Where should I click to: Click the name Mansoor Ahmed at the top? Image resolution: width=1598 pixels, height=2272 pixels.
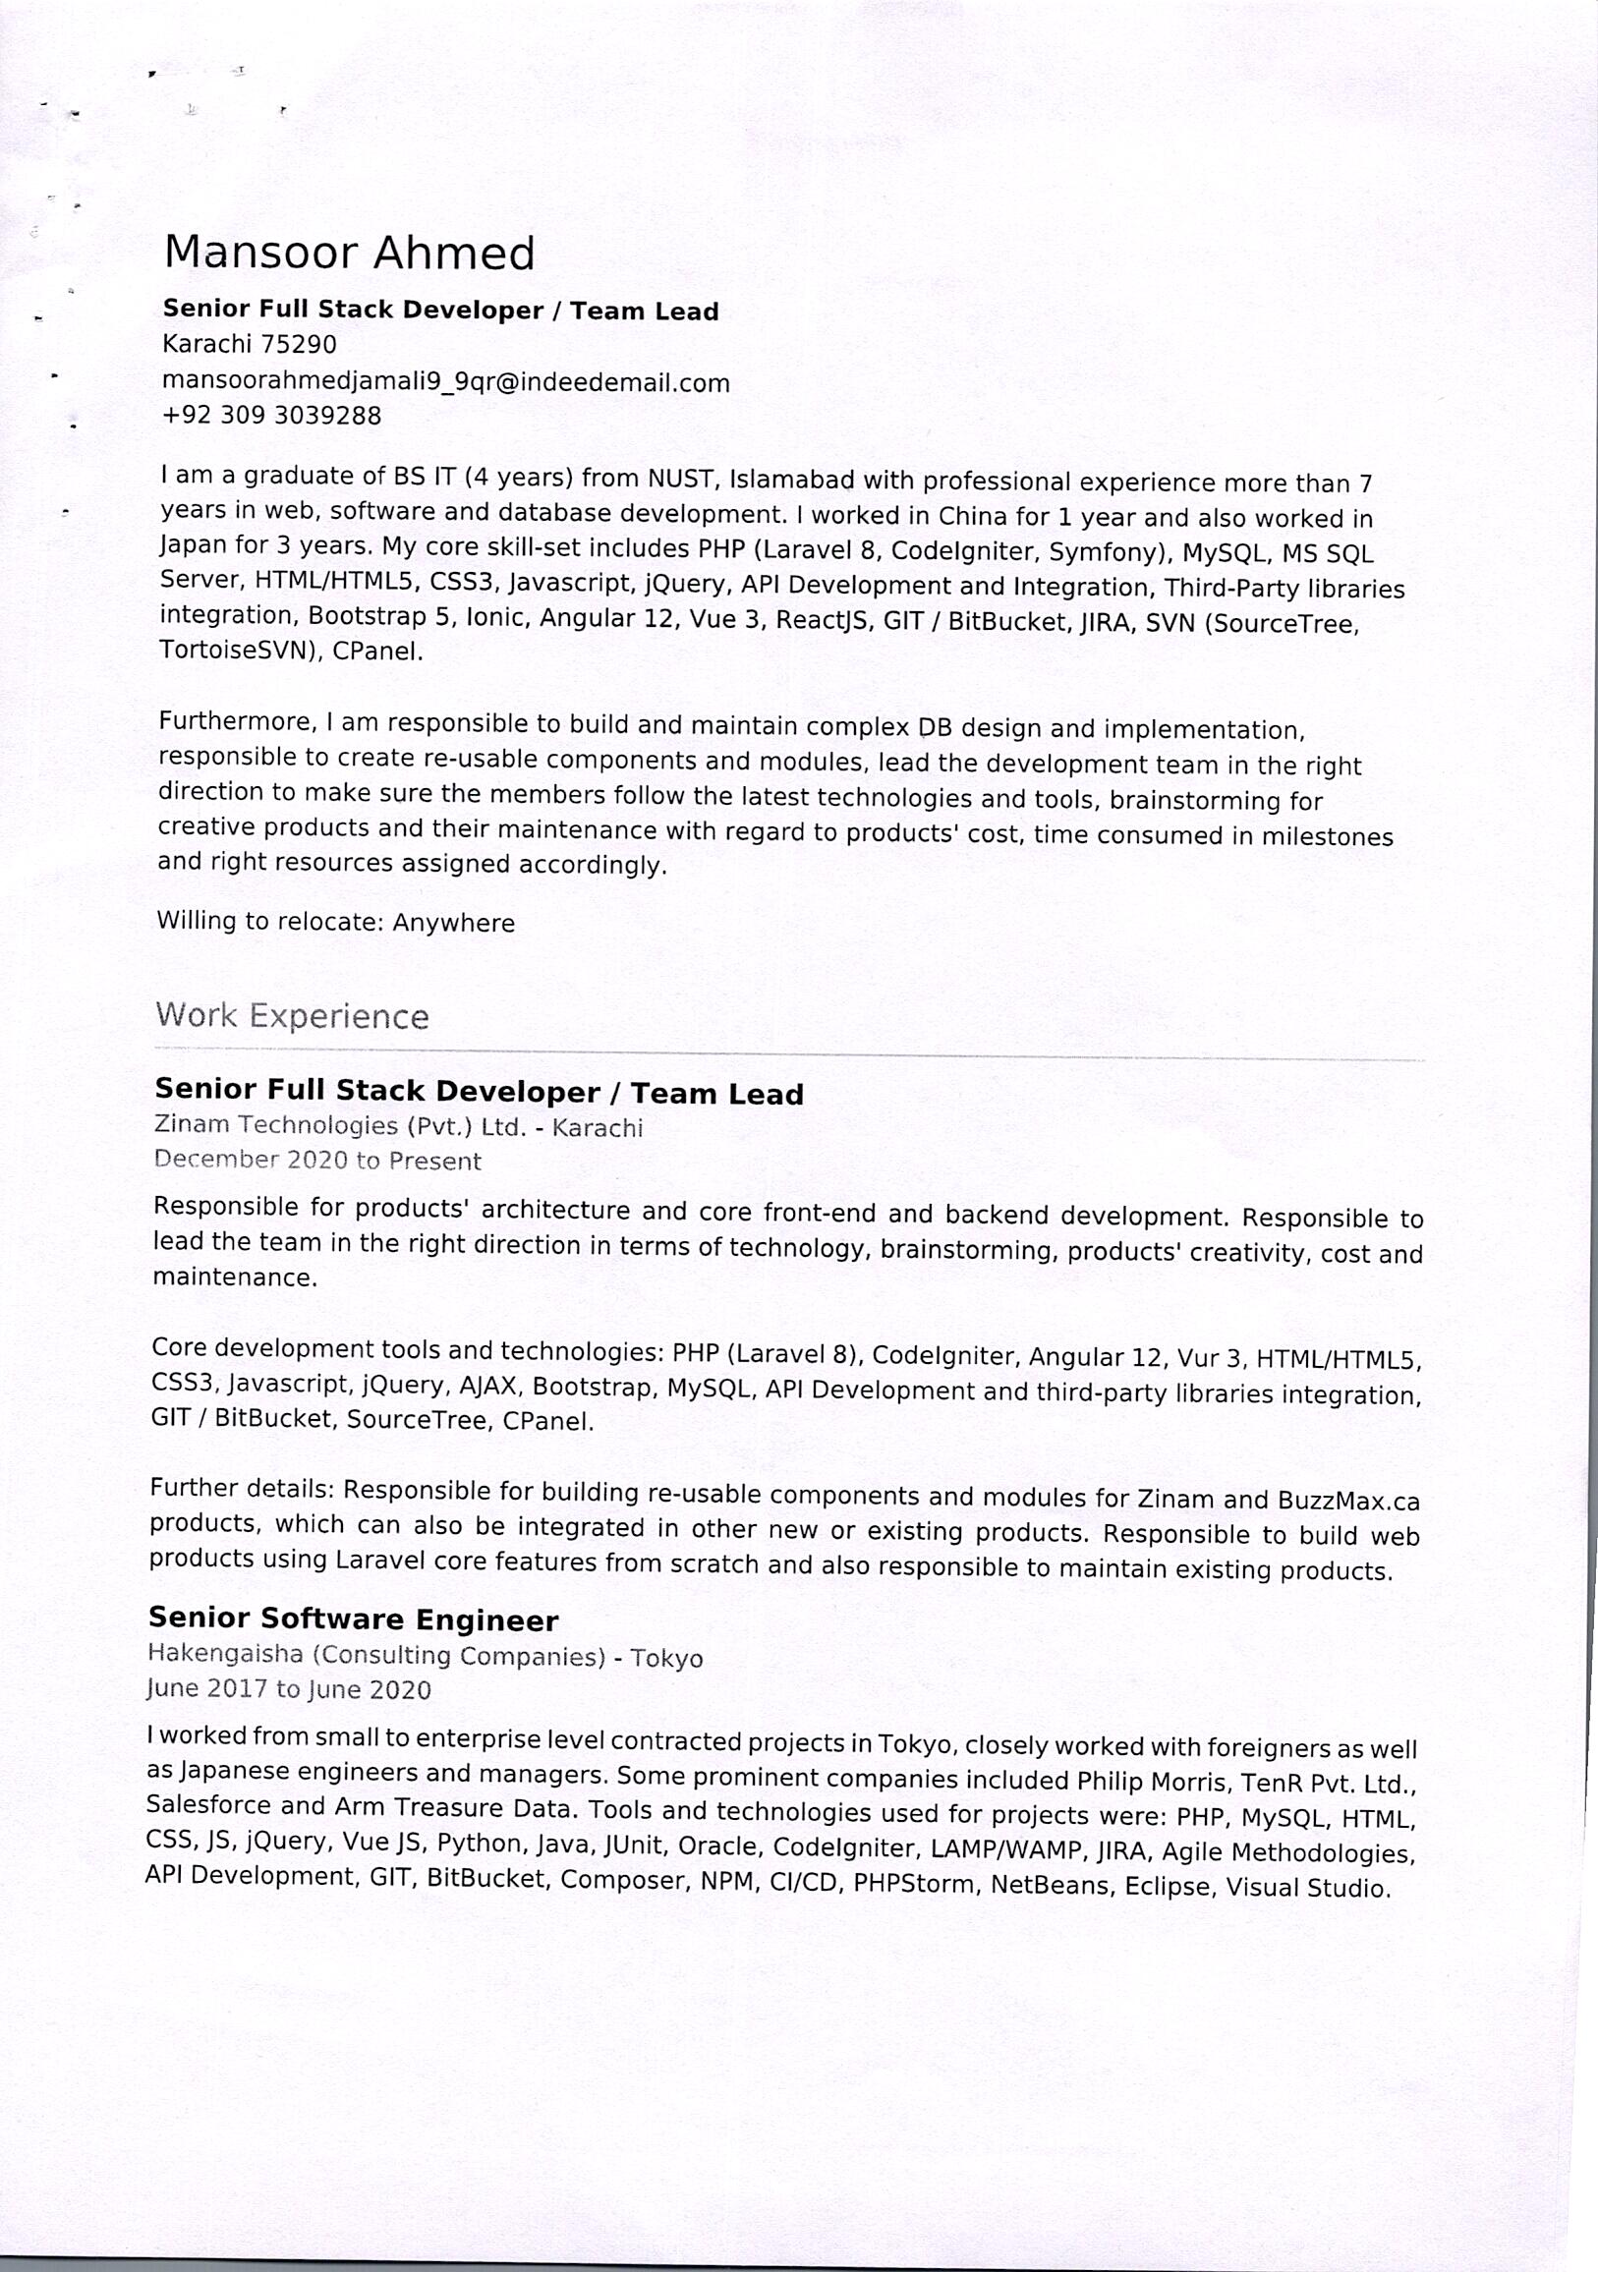click(x=348, y=253)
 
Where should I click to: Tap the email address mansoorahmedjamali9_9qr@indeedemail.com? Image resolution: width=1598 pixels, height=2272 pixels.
click(x=445, y=382)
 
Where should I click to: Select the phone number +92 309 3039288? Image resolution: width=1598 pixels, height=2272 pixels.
click(x=271, y=416)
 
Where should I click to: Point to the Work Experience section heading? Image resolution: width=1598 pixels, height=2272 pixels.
click(x=292, y=1016)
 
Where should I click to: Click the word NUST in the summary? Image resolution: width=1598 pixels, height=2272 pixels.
click(x=681, y=480)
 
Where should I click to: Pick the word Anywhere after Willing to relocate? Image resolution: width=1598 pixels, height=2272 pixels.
click(x=453, y=924)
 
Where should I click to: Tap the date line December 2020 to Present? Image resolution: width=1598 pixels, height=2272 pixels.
click(x=317, y=1161)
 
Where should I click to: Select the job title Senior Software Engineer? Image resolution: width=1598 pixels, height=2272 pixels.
click(x=353, y=1619)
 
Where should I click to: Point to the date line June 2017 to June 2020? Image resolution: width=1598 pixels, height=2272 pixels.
click(x=289, y=1688)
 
